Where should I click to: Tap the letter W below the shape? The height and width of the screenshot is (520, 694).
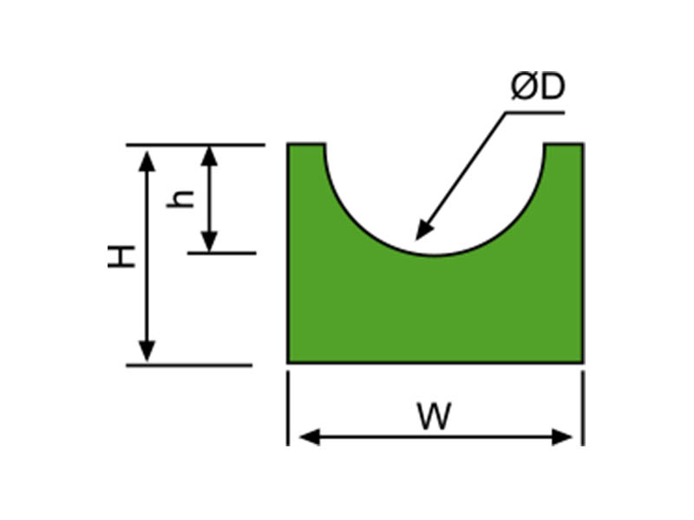point(434,417)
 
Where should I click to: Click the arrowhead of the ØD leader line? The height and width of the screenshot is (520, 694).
point(422,233)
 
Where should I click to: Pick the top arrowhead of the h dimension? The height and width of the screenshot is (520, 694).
point(209,156)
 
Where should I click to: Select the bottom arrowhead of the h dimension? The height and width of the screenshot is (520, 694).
point(209,242)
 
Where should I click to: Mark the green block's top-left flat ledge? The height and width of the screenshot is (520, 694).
point(306,146)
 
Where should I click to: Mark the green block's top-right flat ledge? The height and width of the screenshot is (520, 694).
point(564,146)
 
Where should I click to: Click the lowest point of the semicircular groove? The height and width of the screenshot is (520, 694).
point(435,255)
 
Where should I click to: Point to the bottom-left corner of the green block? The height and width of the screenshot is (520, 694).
point(289,361)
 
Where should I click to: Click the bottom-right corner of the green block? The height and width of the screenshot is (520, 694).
point(581,361)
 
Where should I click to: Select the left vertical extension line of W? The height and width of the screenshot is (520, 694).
point(287,407)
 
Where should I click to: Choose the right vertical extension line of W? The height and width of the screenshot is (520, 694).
point(583,407)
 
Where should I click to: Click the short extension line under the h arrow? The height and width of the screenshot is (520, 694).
point(222,252)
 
